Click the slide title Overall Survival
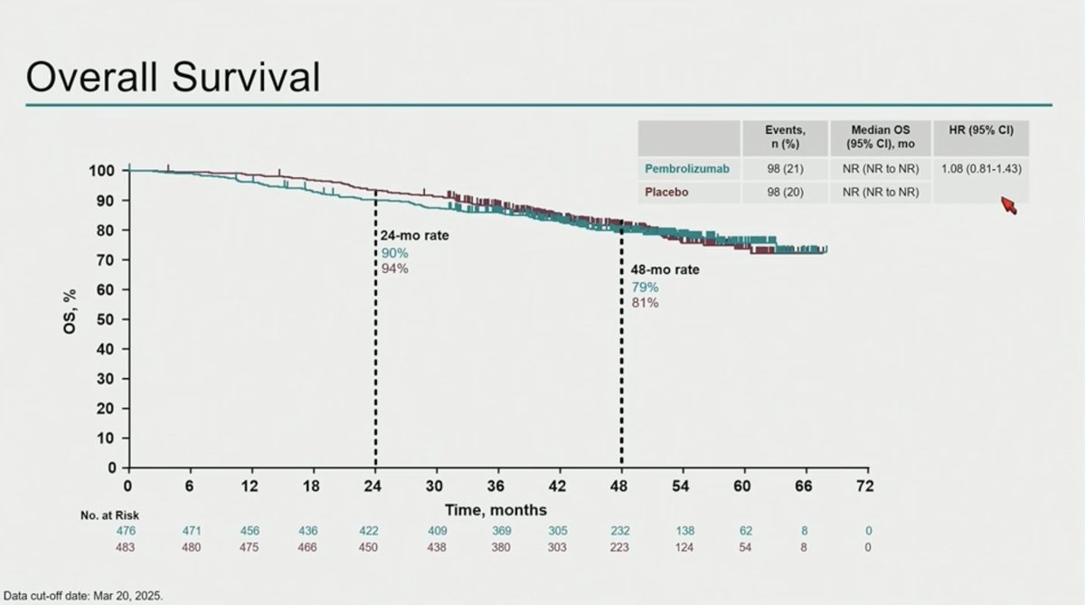point(173,79)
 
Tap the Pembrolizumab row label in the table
point(686,168)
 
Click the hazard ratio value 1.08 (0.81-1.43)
point(981,168)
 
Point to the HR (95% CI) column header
point(981,130)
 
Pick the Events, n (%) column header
point(785,137)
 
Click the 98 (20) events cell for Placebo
point(785,192)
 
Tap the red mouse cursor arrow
point(1007,205)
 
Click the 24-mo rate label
point(414,236)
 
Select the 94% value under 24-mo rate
point(394,269)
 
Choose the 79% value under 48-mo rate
point(645,287)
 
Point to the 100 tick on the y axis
point(102,170)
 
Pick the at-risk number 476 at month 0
point(127,531)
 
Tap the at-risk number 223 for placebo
point(620,546)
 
